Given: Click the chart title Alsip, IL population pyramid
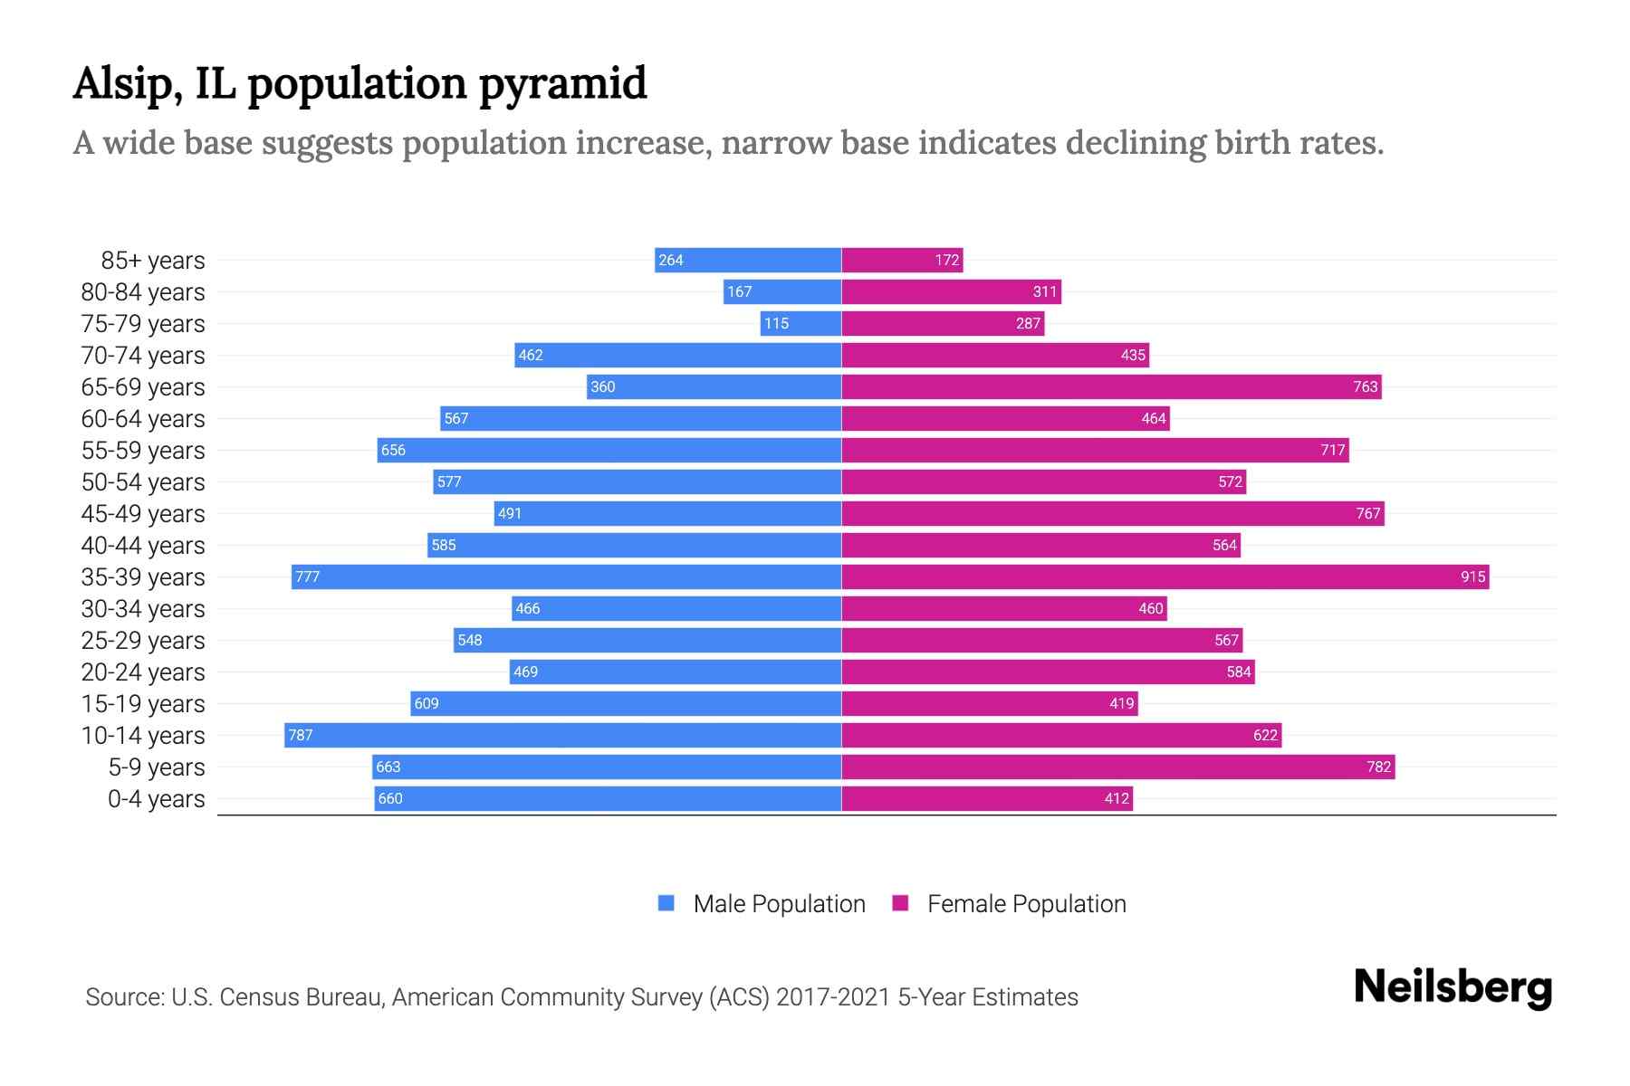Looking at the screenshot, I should (x=360, y=83).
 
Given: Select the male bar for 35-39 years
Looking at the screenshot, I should (x=566, y=576).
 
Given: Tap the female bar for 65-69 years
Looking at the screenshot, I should (x=1111, y=386).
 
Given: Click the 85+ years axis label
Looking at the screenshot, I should (x=153, y=261).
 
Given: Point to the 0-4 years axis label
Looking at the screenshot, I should (x=156, y=799).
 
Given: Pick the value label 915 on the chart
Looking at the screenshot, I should (x=1472, y=576).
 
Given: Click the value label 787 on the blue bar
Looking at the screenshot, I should (x=301, y=735).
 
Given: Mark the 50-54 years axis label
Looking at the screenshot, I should (x=143, y=482).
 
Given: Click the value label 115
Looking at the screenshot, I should (x=776, y=323).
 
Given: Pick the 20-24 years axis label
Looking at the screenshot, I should (x=143, y=672).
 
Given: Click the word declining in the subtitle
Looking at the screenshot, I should (x=1136, y=143).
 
